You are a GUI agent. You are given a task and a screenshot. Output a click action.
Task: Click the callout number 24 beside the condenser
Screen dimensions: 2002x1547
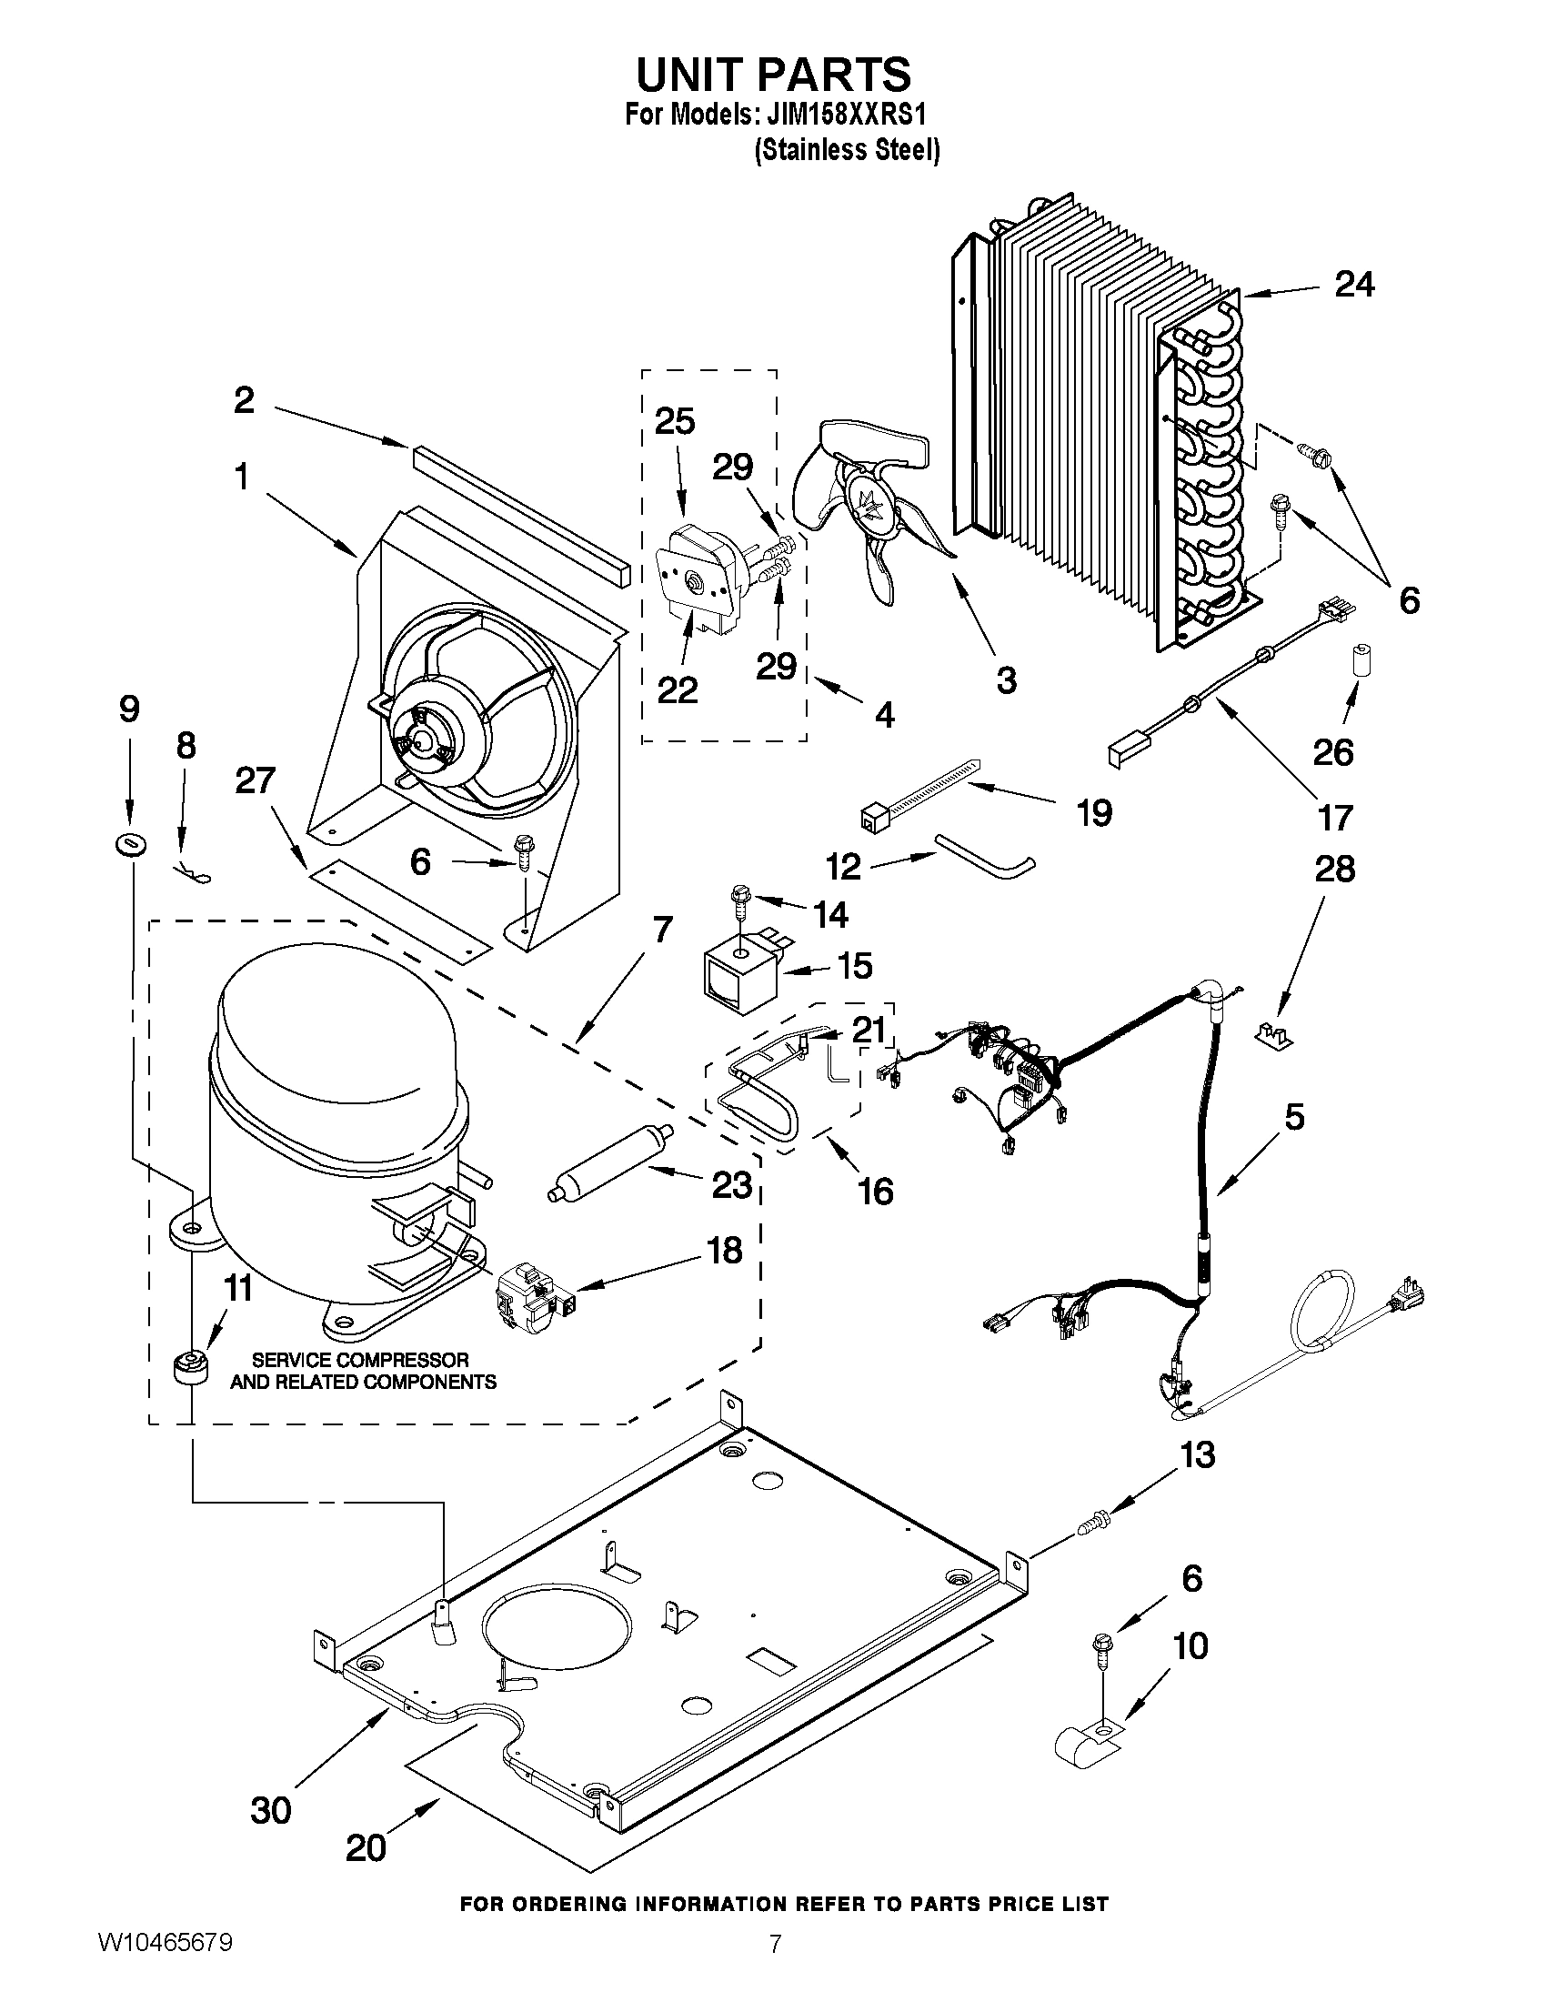coord(1353,285)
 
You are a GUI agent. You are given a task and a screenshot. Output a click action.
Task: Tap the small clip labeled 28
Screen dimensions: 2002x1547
coord(1273,1036)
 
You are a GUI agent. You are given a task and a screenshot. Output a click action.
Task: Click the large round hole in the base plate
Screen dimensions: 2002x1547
coord(558,1640)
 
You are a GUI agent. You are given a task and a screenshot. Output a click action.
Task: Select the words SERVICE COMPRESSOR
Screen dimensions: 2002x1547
coord(360,1361)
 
